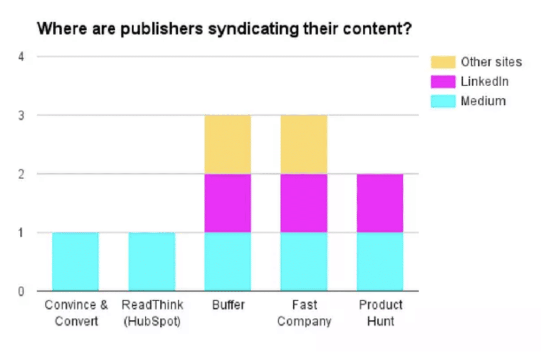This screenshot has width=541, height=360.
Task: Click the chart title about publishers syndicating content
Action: tap(224, 29)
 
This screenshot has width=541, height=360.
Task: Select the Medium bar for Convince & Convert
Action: tap(75, 261)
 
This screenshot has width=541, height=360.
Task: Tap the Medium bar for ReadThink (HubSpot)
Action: tap(152, 261)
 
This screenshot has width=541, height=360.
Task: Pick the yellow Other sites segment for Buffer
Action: tap(228, 144)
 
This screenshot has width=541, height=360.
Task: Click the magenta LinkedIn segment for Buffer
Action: tap(228, 203)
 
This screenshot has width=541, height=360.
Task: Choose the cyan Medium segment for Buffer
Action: tap(228, 261)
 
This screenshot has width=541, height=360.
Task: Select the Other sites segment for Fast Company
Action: tap(304, 144)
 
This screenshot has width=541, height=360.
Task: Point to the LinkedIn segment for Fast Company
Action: tap(304, 203)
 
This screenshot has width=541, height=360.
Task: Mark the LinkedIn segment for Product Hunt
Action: tap(380, 203)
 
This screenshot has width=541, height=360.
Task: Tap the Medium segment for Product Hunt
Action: tap(380, 261)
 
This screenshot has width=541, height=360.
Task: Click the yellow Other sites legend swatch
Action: tap(443, 62)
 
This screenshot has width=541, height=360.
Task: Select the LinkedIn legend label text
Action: tap(484, 82)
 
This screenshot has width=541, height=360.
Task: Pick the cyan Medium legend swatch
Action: tap(443, 101)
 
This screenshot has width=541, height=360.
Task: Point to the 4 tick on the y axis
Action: tap(21, 57)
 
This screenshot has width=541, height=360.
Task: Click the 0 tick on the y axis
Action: tap(21, 291)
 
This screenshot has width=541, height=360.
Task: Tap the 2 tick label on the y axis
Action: tap(21, 174)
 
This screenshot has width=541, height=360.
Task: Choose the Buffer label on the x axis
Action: tap(228, 305)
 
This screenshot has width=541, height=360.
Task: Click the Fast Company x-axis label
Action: tap(304, 313)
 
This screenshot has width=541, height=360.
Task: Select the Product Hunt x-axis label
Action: tap(381, 313)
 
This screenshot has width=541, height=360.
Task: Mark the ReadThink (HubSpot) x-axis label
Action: tap(152, 313)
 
